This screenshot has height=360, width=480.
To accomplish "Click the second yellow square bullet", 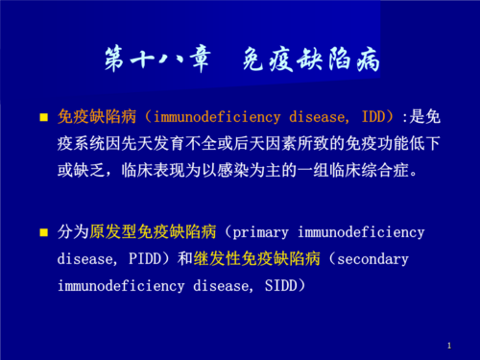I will click(x=43, y=233).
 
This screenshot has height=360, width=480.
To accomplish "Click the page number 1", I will click(x=448, y=344).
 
